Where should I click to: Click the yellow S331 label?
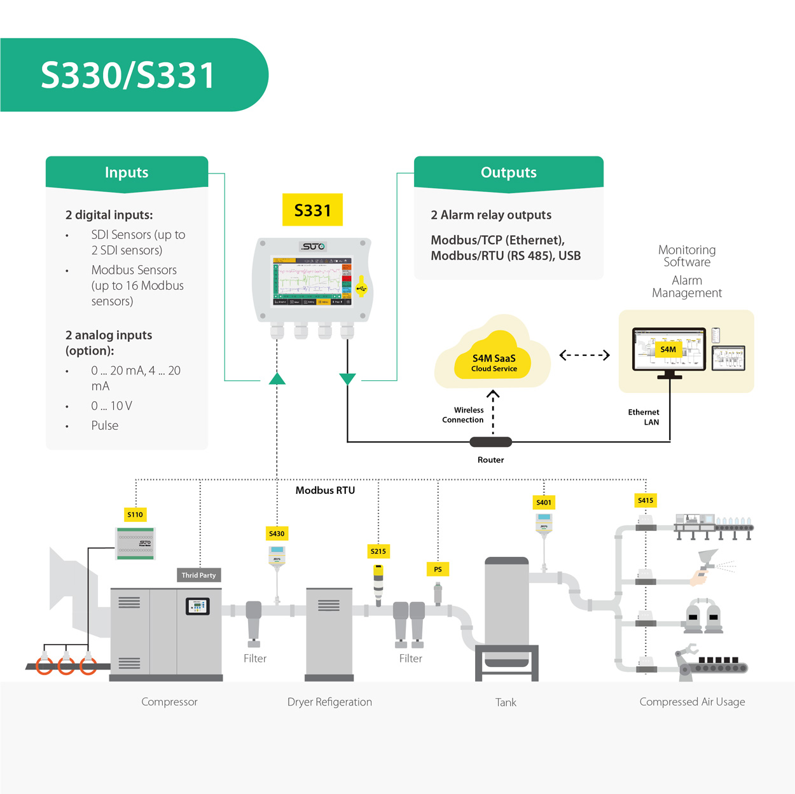(x=312, y=210)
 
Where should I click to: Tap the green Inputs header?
(x=127, y=172)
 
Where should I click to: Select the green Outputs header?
(x=508, y=172)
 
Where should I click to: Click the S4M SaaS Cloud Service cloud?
(x=494, y=362)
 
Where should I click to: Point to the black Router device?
(x=490, y=442)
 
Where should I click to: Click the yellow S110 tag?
(x=135, y=514)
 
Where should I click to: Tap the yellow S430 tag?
(x=277, y=533)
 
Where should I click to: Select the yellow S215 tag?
(x=378, y=551)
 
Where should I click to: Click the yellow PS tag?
(x=438, y=569)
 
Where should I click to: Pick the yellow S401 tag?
(x=544, y=502)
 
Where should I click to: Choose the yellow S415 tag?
(x=646, y=500)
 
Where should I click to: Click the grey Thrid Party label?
(x=198, y=575)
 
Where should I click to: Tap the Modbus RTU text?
(x=325, y=490)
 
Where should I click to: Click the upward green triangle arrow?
(x=277, y=379)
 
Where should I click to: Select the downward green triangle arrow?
(x=347, y=379)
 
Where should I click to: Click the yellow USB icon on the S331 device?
(x=361, y=288)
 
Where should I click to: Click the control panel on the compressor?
(x=197, y=606)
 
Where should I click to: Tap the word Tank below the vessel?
(x=506, y=702)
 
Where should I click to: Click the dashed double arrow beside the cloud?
(x=584, y=355)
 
